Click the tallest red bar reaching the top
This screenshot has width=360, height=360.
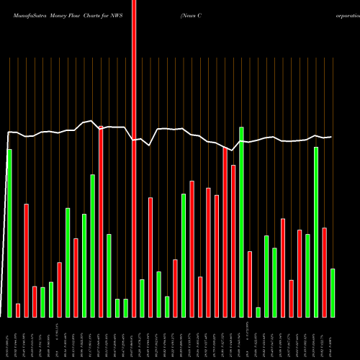134,158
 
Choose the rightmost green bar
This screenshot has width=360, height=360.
333,292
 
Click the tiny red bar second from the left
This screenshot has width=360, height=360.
18,310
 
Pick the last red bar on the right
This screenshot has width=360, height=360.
325,272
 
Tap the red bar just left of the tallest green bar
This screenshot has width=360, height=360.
233,240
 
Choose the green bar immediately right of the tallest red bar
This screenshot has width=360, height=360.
142,298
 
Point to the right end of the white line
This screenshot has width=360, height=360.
330,137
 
